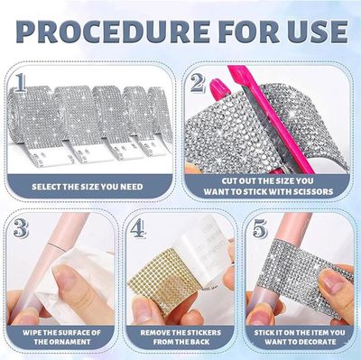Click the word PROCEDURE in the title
point(113,32)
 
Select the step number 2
point(197,82)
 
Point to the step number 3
point(21,228)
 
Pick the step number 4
point(138,228)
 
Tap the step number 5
point(260,228)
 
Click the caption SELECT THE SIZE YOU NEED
point(88,187)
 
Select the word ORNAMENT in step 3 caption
point(62,342)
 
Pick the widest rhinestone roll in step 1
point(33,120)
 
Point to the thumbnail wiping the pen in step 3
point(65,278)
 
